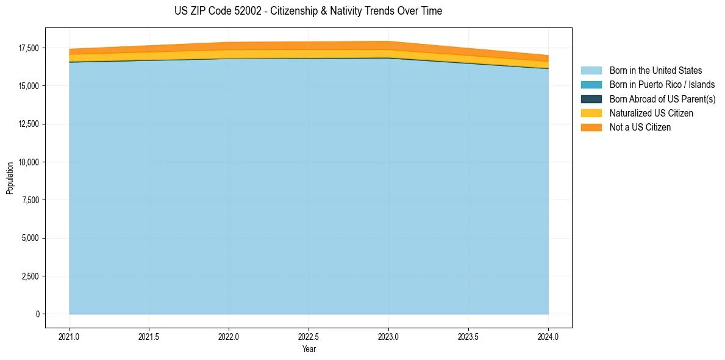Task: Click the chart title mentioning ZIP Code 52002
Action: [x=308, y=11]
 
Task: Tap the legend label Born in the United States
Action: [x=655, y=71]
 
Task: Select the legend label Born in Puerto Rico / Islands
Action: [x=662, y=85]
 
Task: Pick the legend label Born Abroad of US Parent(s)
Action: [x=662, y=99]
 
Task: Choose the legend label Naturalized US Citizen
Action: [x=651, y=113]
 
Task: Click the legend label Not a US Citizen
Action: [x=640, y=127]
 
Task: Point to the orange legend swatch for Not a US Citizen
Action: [x=591, y=127]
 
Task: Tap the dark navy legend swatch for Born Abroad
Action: [x=591, y=99]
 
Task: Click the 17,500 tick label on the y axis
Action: [x=28, y=48]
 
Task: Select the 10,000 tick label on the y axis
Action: [x=28, y=162]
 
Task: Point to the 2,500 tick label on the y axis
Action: [x=30, y=276]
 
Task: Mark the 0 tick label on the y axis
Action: [x=37, y=314]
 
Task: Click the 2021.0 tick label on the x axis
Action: [x=69, y=336]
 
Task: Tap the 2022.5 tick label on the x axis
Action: [x=309, y=336]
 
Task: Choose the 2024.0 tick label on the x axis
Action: [x=548, y=336]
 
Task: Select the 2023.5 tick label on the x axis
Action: [x=468, y=336]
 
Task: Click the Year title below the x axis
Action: [x=309, y=349]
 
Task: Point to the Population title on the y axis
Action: [x=10, y=178]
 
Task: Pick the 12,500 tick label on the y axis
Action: [x=28, y=124]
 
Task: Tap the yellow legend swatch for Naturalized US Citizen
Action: [x=591, y=113]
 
